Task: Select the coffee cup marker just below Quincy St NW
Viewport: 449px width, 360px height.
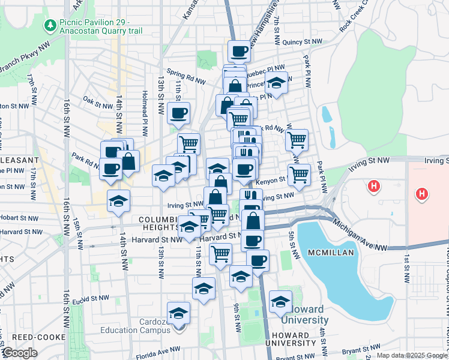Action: [239, 52]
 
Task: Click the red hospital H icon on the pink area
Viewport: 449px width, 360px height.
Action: [422, 194]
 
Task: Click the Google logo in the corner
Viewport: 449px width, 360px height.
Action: [20, 353]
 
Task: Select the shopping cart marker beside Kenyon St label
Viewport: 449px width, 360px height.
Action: [298, 175]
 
